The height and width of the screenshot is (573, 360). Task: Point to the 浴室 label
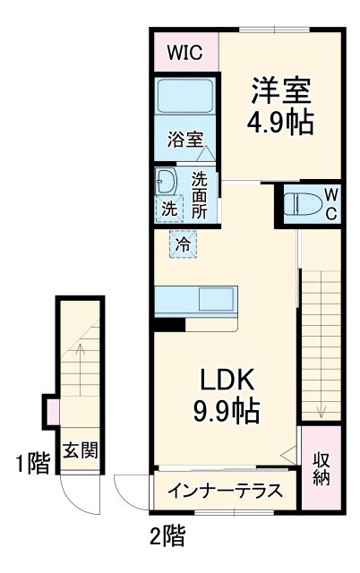coord(184,140)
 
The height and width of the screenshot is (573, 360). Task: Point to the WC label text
coord(330,203)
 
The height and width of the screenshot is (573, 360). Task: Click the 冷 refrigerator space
coord(183,243)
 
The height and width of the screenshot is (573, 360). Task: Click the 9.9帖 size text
coord(228,411)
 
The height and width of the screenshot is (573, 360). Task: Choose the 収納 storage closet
coord(321,467)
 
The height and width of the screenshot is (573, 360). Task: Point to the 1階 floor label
coord(31,464)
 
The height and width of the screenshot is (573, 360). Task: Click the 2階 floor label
coord(167,536)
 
